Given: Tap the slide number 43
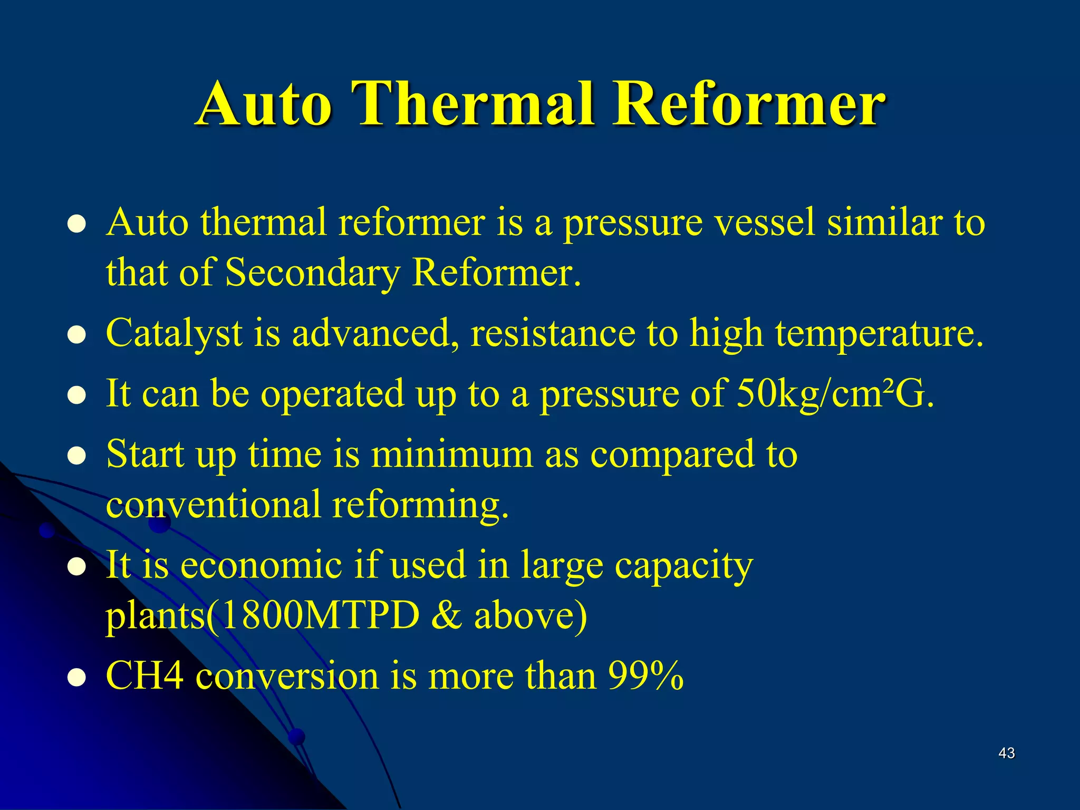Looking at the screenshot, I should click(1006, 753).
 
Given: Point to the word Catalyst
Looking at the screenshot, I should click(174, 334).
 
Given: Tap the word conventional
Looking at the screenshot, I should click(213, 505).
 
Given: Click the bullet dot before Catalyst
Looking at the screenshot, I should click(77, 335).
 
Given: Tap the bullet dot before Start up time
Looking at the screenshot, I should click(77, 456).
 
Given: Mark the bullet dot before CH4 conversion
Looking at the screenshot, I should click(77, 678).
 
